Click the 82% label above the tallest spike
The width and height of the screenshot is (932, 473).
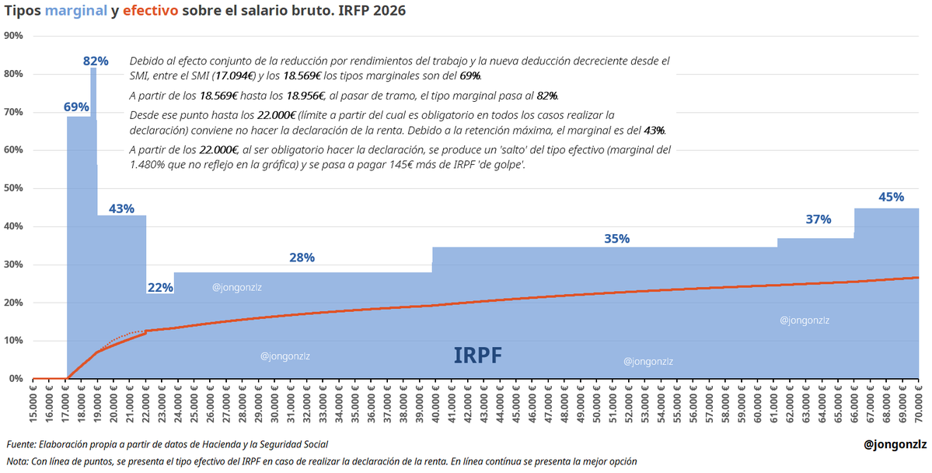(x=96, y=61)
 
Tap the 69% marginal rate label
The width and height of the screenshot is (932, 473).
(x=76, y=107)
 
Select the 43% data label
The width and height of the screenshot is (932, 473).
(x=121, y=208)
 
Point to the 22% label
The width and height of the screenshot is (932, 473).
(x=160, y=287)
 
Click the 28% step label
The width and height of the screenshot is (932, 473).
(x=302, y=258)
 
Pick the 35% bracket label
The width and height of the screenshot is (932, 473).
(x=616, y=239)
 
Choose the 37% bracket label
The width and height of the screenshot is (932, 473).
(x=819, y=219)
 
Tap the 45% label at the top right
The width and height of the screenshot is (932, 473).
(x=891, y=197)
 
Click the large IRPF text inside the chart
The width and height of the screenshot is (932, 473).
(x=477, y=356)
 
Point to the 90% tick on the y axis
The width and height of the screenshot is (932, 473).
(x=13, y=36)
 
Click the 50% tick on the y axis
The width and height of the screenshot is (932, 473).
(x=13, y=188)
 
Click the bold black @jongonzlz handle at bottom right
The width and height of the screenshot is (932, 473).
(x=895, y=444)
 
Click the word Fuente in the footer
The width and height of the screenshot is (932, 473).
(x=23, y=444)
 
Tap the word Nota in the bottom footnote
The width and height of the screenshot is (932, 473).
(x=17, y=461)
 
